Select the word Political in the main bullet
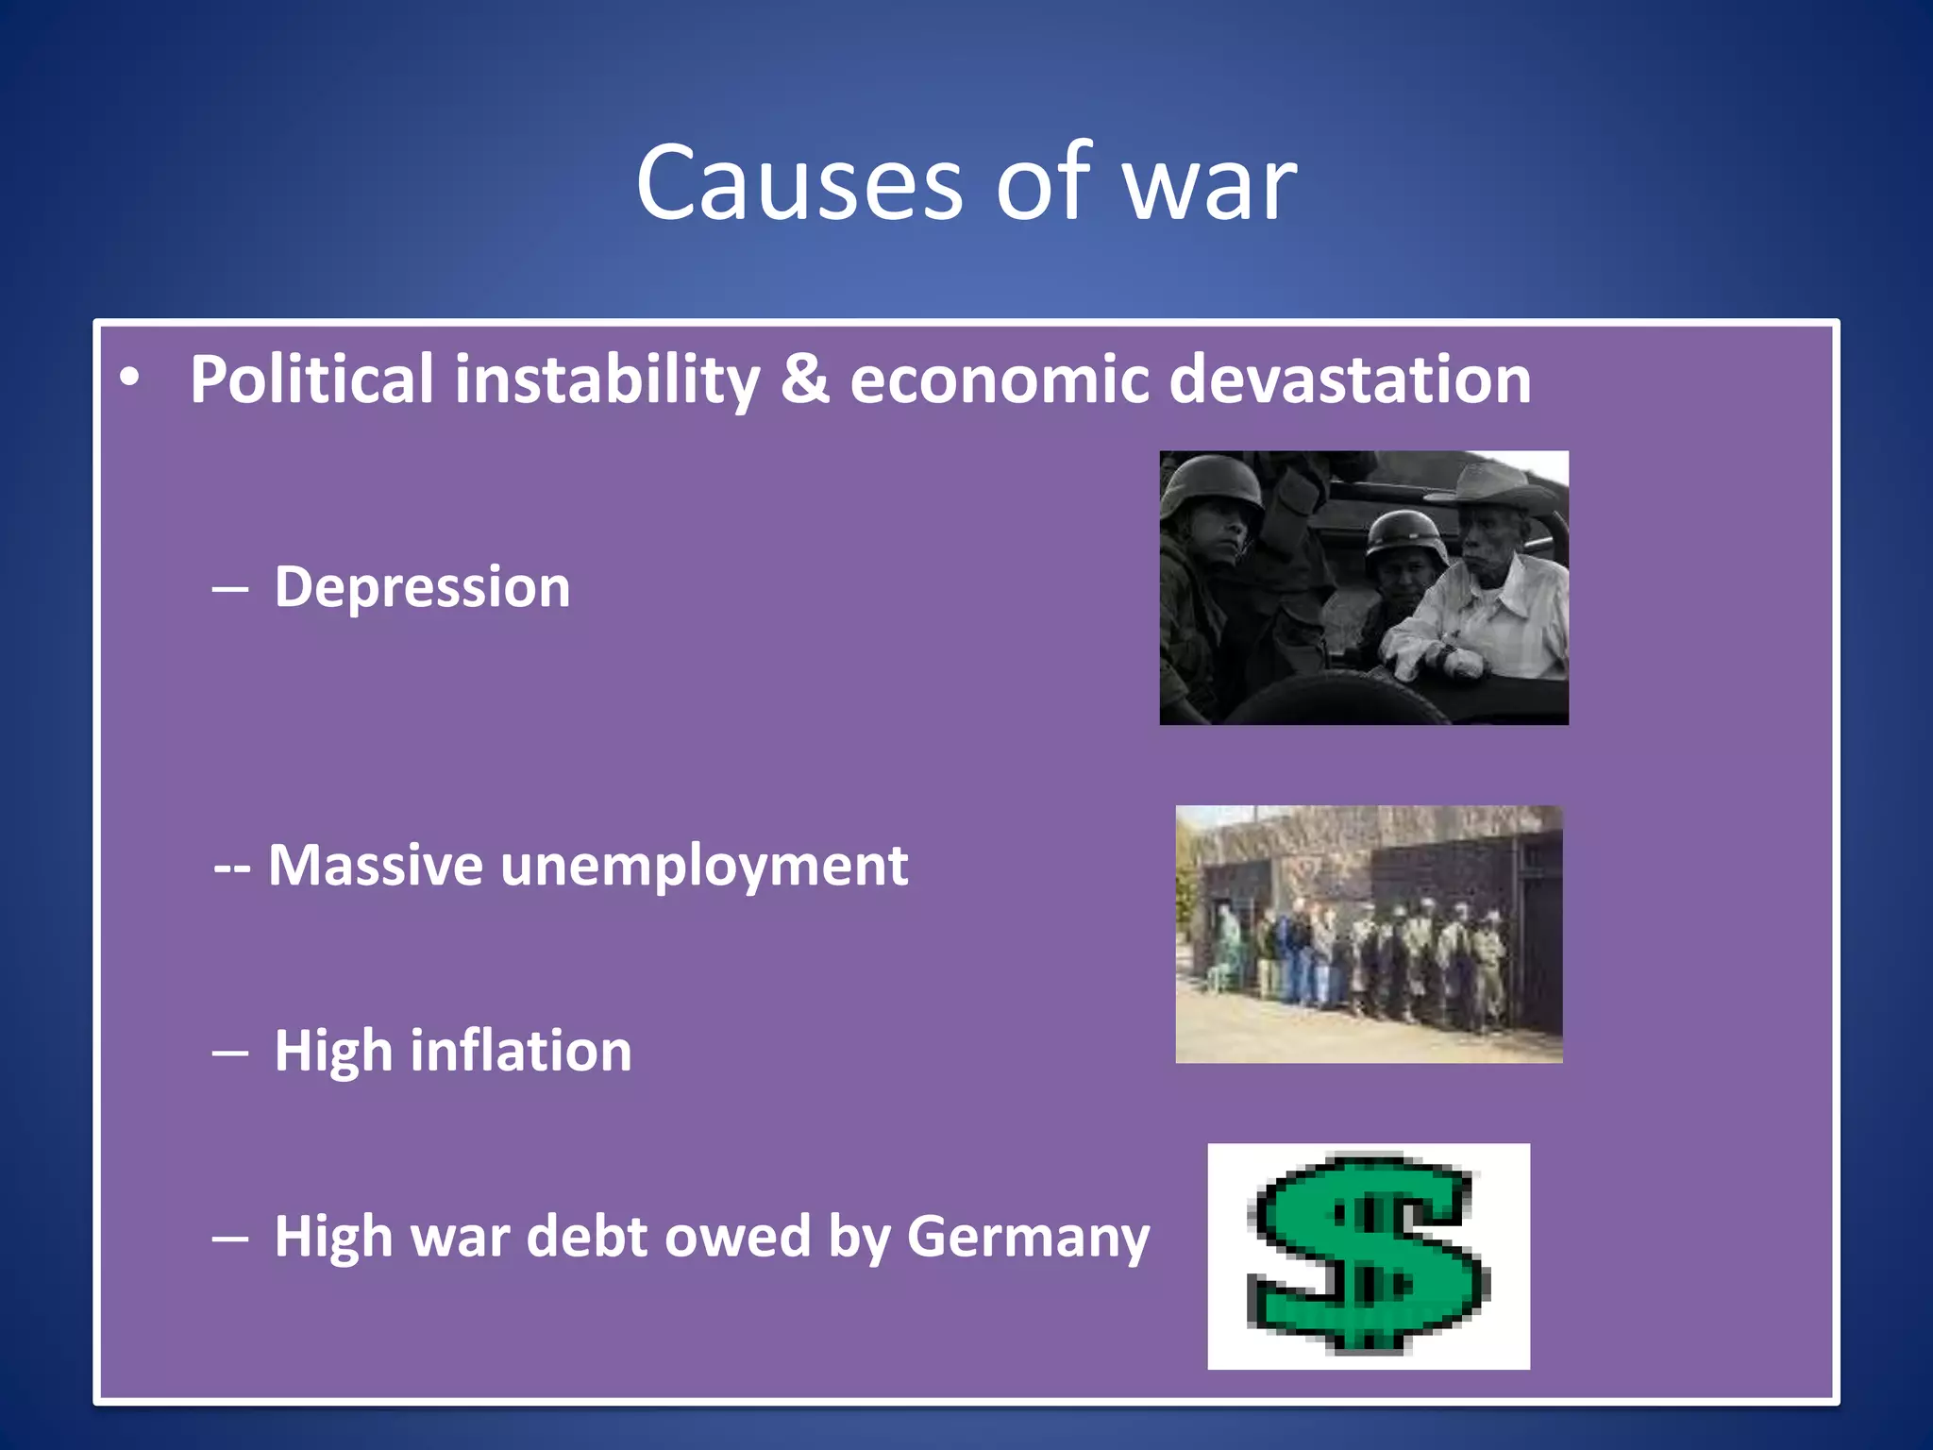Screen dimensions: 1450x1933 coord(311,380)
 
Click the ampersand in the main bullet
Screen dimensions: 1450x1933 coord(804,380)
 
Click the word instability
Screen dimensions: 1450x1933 coord(607,380)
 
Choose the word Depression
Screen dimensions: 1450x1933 coord(422,588)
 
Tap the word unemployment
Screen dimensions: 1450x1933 coord(704,866)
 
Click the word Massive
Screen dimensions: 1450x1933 coord(376,866)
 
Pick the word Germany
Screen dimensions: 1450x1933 coord(1028,1237)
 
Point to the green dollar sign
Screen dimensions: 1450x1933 coord(1368,1255)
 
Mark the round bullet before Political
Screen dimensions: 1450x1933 coord(129,378)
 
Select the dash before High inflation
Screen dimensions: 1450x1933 coord(230,1054)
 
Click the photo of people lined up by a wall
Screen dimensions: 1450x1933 coord(1369,934)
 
